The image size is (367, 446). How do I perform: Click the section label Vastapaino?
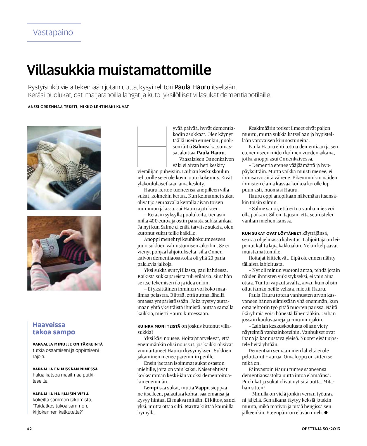[53, 32]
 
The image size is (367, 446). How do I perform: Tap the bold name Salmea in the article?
[201, 147]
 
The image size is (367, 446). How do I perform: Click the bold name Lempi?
[151, 388]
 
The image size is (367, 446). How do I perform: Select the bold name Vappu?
[202, 388]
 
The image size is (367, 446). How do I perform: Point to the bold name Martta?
[192, 406]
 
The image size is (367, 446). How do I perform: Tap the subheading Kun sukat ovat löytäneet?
[271, 233]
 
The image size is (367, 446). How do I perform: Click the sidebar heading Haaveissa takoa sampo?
[54, 328]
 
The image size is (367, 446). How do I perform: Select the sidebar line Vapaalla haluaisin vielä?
[61, 394]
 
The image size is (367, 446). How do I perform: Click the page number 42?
[29, 429]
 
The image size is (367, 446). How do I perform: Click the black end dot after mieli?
[326, 413]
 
